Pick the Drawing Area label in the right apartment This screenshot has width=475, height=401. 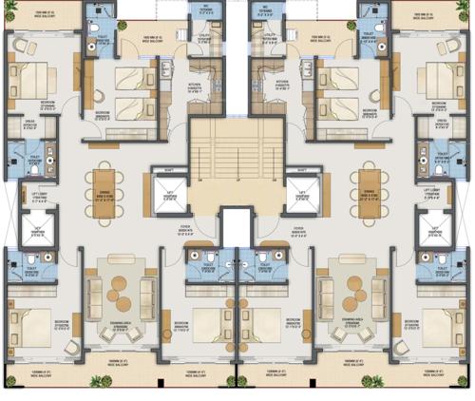click(348, 323)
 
